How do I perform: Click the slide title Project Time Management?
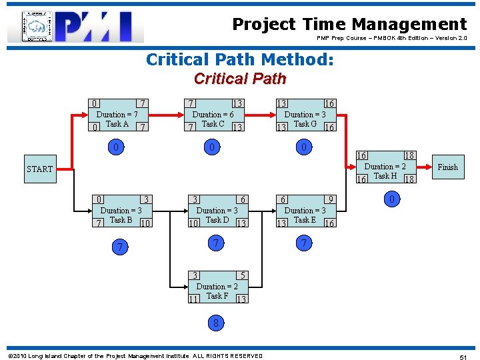[349, 25]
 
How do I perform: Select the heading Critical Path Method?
[239, 60]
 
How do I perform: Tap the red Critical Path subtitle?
[239, 79]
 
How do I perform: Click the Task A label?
[117, 124]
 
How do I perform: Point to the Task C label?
[213, 124]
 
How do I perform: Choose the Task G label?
[305, 124]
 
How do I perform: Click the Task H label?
[385, 176]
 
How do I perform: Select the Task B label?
[121, 220]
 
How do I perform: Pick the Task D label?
[217, 220]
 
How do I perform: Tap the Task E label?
[305, 220]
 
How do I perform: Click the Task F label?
[217, 296]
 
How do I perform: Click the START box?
[39, 169]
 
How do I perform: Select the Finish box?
[447, 167]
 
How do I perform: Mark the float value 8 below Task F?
[216, 323]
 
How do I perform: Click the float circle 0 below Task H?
[393, 199]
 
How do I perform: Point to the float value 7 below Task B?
[119, 247]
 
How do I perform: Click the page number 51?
[463, 358]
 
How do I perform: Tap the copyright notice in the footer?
[135, 356]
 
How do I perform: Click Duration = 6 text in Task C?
[213, 115]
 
